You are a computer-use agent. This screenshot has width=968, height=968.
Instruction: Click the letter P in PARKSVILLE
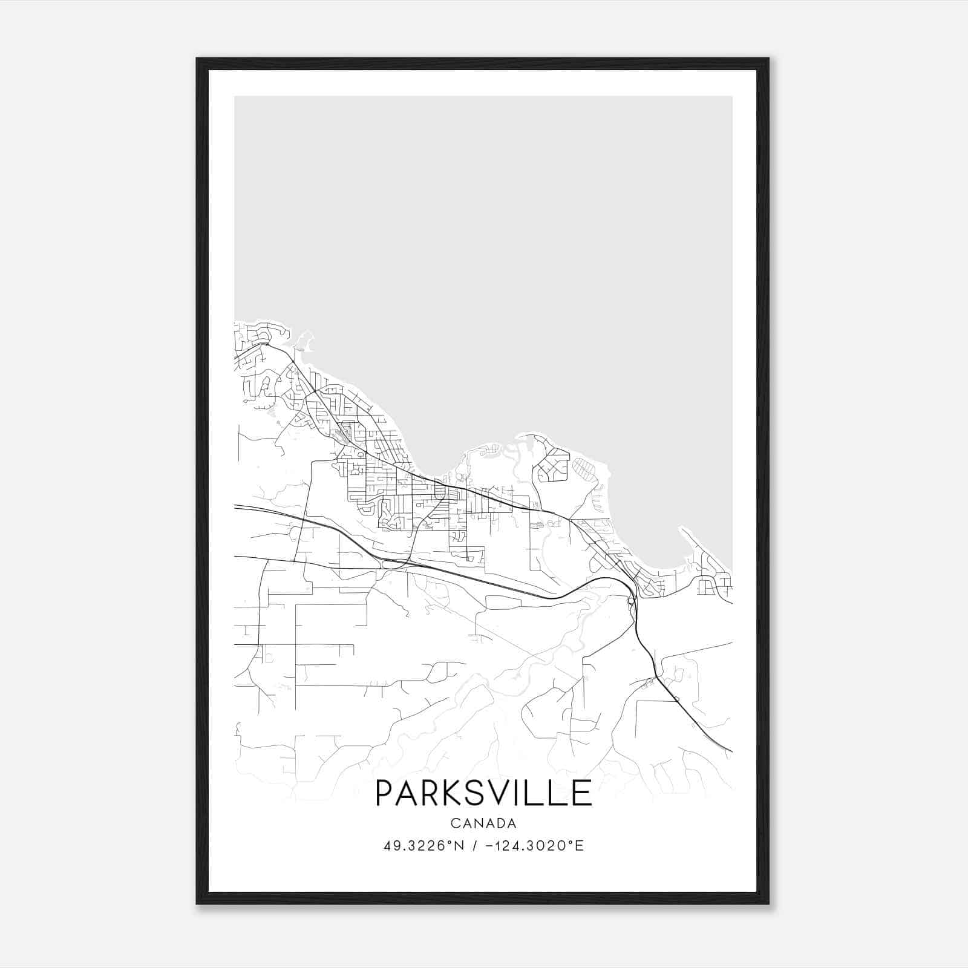click(385, 793)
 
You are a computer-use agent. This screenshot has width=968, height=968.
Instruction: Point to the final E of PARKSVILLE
click(582, 793)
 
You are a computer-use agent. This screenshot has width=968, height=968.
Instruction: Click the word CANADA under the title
click(483, 823)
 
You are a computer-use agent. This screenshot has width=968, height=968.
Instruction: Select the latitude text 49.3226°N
click(423, 846)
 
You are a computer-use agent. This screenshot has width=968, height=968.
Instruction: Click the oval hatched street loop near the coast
click(584, 469)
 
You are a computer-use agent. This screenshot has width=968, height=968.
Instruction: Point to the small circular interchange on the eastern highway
click(631, 601)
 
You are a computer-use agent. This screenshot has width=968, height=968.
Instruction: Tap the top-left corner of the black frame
click(197, 59)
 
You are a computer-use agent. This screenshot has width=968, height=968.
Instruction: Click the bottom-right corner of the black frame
click(768, 904)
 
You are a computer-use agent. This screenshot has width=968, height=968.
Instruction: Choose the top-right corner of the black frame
click(768, 59)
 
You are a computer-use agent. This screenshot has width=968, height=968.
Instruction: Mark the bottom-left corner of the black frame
click(197, 904)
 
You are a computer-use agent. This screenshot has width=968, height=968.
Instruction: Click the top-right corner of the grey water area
click(731, 97)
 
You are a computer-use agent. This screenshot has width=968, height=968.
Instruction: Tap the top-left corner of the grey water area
click(235, 97)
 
